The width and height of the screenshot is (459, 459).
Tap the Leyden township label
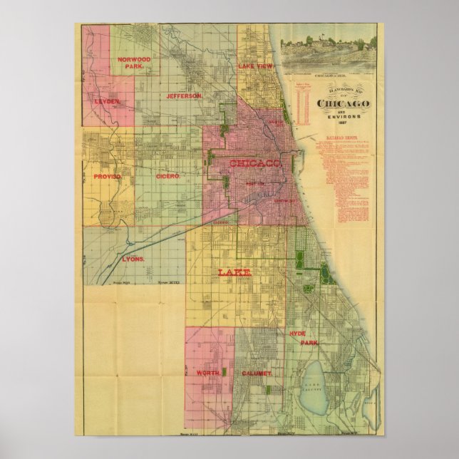pyautogui.click(x=107, y=102)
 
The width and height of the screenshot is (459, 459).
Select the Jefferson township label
pyautogui.click(x=185, y=96)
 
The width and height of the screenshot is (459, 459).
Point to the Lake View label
pyautogui.click(x=255, y=66)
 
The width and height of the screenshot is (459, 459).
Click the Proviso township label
pyautogui.click(x=108, y=176)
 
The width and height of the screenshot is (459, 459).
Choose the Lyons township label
pyautogui.click(x=133, y=259)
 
